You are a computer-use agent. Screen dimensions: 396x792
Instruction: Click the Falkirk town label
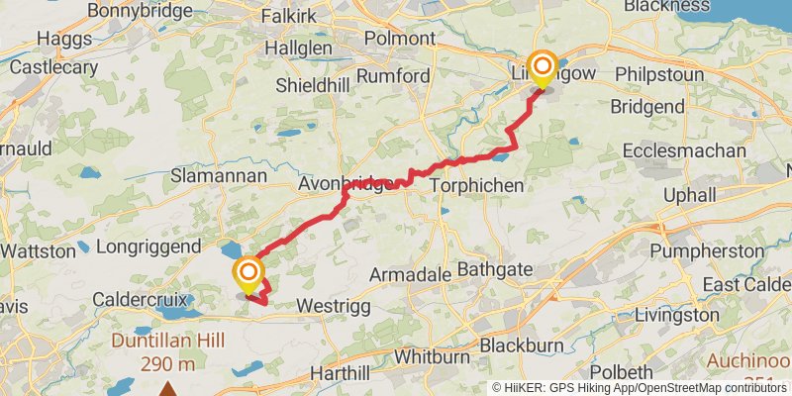pos(295,17)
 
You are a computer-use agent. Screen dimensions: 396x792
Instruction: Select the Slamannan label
pos(220,175)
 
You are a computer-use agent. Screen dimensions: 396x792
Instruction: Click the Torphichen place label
pos(475,185)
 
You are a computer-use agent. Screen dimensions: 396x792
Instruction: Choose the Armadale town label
pos(408,273)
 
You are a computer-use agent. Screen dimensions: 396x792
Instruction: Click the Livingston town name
pos(677,315)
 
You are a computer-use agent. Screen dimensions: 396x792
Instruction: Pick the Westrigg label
pos(334,307)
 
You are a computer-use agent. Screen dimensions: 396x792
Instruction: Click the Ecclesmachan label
pos(685,150)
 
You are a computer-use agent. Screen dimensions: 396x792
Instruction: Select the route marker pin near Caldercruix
pos(247,274)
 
